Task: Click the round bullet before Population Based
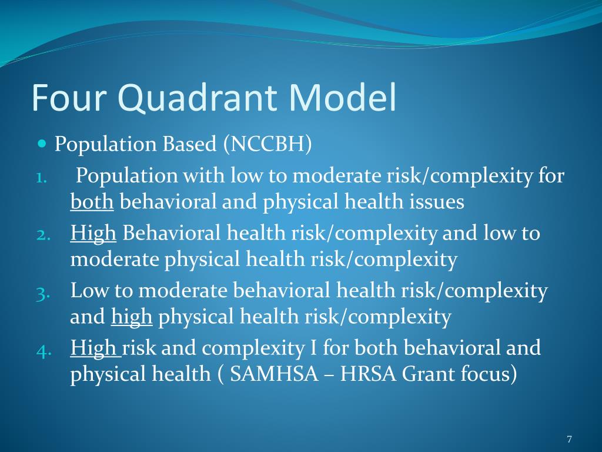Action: (41, 144)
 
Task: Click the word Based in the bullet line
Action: (190, 144)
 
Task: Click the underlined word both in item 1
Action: (92, 202)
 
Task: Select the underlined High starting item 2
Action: (93, 233)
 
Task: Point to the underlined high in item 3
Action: (132, 317)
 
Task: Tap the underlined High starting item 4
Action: (94, 348)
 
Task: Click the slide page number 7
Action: (569, 439)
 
